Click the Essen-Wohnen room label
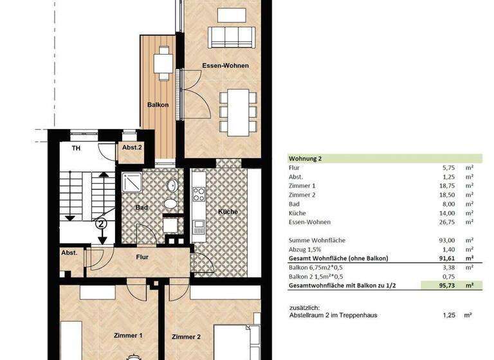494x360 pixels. coord(225,66)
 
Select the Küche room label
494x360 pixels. coord(227,212)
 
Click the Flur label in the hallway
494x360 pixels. coord(142,257)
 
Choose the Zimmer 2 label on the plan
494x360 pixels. coord(187,336)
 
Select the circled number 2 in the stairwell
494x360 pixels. coord(101,224)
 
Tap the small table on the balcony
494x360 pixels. coord(164,64)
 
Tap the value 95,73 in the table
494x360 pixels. coord(448,283)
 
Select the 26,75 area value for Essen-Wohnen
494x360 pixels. coord(448,222)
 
